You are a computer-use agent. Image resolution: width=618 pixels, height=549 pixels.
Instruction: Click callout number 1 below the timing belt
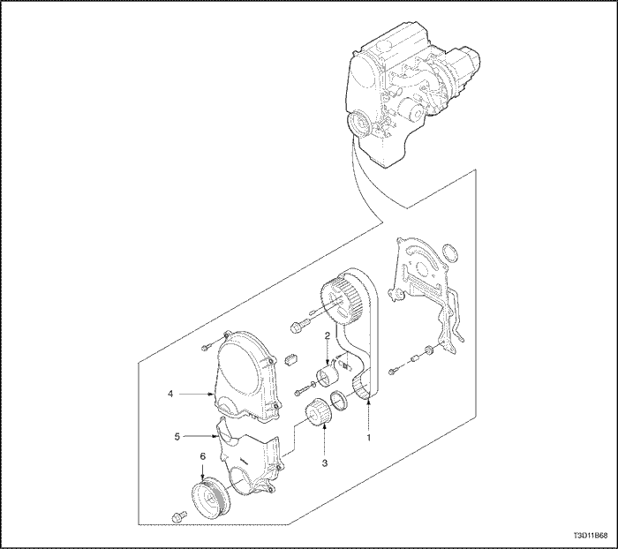369,437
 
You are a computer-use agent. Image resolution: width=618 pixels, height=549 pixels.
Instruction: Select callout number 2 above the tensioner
328,335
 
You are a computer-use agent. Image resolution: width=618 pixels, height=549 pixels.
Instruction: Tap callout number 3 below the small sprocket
325,463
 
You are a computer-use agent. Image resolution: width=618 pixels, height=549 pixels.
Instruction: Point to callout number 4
170,394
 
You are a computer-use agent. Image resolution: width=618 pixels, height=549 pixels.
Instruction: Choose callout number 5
177,436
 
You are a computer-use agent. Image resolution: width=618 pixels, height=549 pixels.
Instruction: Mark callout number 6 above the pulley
202,456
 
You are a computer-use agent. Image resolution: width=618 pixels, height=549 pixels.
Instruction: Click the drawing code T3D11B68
591,536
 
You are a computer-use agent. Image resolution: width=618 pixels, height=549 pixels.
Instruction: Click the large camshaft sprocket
339,302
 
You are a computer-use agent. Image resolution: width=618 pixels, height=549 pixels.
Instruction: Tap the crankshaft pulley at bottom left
211,498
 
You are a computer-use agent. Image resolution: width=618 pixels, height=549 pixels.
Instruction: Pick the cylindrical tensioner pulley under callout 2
328,377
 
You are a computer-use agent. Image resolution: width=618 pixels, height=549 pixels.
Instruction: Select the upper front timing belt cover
245,377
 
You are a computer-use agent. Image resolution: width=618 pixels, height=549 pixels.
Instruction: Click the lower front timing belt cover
248,460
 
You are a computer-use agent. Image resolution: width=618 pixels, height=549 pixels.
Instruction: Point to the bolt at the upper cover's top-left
207,347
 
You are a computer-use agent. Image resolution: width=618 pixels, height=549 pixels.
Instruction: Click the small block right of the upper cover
290,359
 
